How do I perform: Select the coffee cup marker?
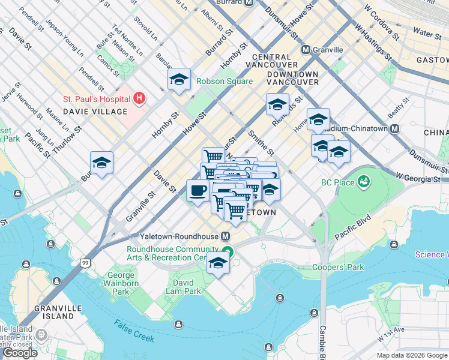[197, 191]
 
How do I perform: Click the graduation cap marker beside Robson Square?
[179, 79]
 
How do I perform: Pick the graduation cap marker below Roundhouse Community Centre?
[218, 263]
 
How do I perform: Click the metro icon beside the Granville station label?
[306, 50]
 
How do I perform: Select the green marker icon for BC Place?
[363, 181]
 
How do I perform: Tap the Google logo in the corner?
[20, 353]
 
